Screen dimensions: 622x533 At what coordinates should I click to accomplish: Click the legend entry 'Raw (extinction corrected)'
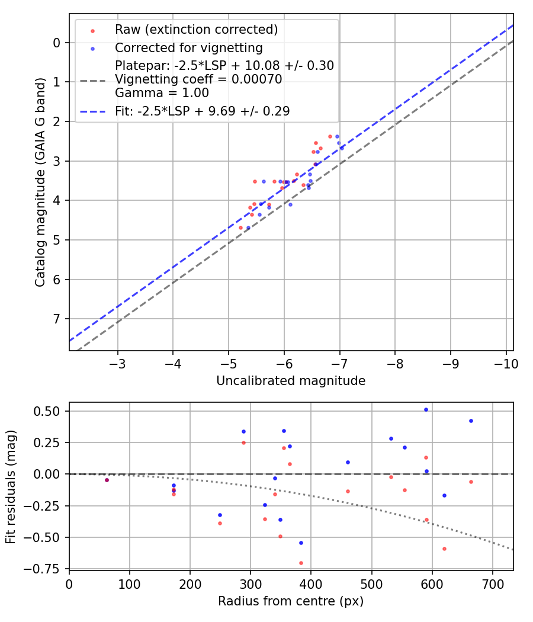[x=196, y=30]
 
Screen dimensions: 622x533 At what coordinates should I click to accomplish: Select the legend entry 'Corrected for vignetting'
[x=188, y=47]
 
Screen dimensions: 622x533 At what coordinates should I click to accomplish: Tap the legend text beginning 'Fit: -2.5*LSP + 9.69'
[x=202, y=111]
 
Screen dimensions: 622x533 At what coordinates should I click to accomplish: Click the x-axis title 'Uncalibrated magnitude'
[x=291, y=381]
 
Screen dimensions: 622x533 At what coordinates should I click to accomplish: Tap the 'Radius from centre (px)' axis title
[x=290, y=601]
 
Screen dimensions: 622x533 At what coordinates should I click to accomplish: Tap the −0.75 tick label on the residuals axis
[x=49, y=569]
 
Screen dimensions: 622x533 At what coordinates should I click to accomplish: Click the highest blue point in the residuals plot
[x=426, y=409]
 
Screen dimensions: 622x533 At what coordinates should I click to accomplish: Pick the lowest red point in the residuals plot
[x=301, y=563]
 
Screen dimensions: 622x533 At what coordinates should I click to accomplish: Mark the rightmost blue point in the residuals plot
[x=471, y=421]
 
